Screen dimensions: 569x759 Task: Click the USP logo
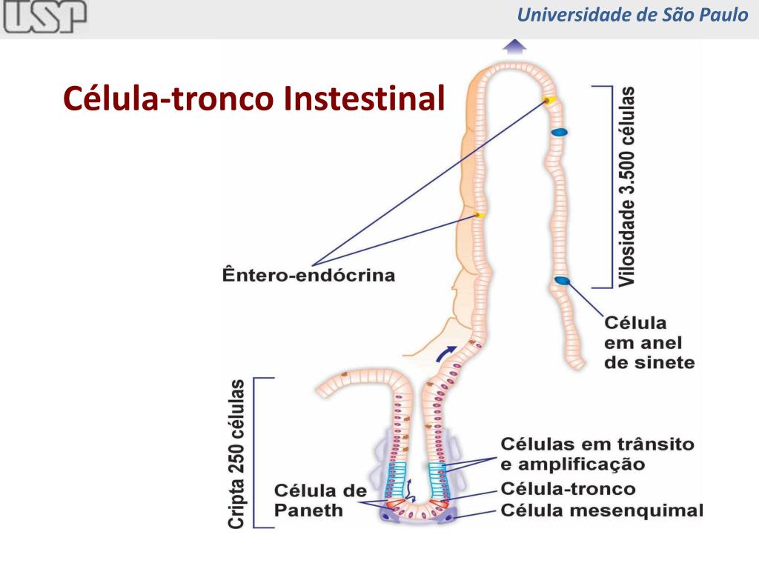point(44,17)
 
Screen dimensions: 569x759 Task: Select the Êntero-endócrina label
point(308,276)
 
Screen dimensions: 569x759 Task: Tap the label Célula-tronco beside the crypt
point(568,489)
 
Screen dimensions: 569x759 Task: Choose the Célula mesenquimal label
point(601,510)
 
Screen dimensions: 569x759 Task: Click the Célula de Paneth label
point(320,500)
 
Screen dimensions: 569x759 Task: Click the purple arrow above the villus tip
point(514,47)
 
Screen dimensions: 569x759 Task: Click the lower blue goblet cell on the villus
point(562,280)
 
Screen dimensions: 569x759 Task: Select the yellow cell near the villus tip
point(550,100)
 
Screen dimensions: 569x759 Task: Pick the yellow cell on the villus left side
point(480,215)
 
